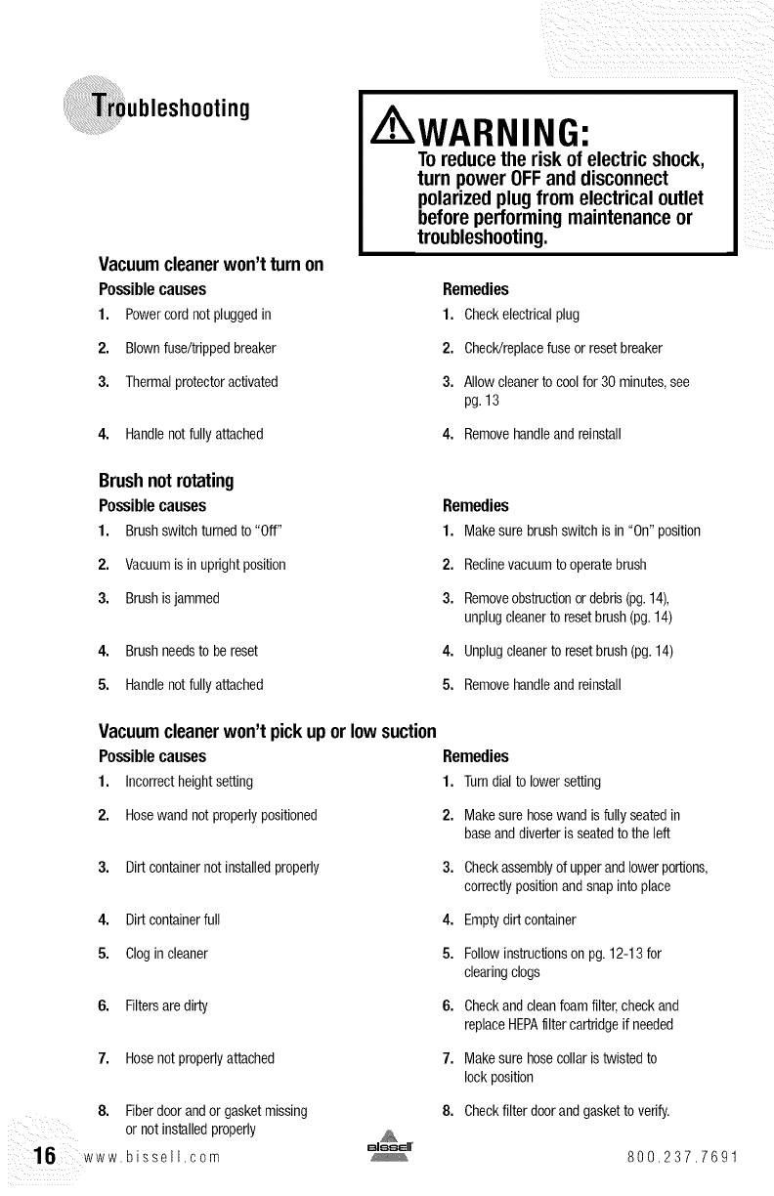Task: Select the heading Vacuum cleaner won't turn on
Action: click(211, 266)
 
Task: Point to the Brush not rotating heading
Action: click(167, 482)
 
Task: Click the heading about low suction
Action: click(267, 733)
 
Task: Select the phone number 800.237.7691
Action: click(683, 1161)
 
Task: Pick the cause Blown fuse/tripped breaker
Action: click(200, 348)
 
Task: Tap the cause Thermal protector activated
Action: click(201, 381)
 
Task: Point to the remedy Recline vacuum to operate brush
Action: click(548, 564)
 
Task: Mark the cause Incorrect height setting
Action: click(189, 781)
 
